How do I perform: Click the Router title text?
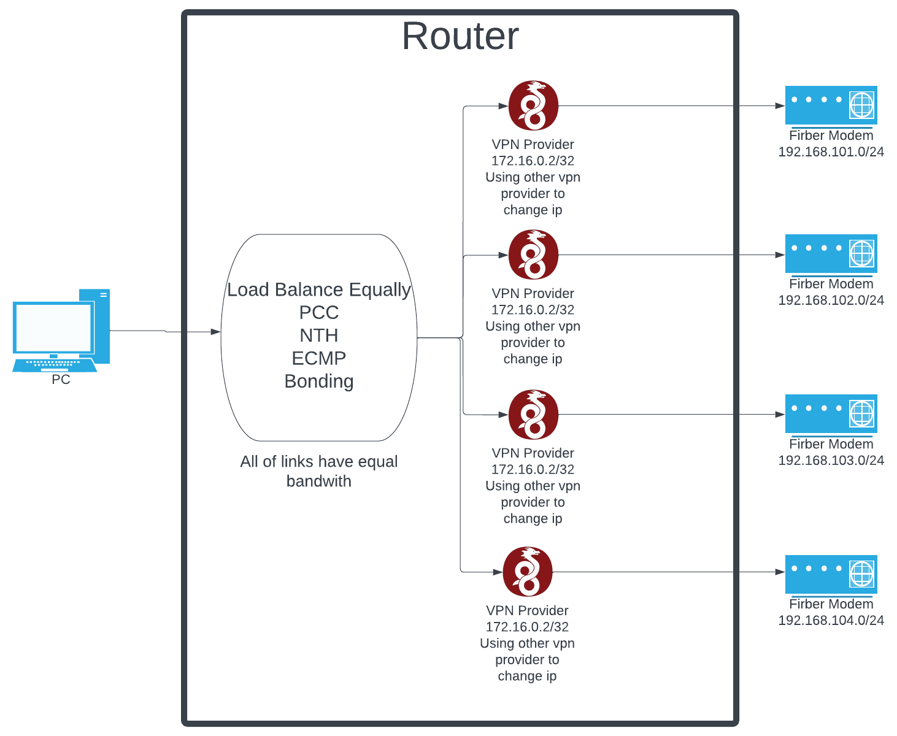point(460,36)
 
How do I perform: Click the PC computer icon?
point(61,331)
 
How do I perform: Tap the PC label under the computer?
point(61,380)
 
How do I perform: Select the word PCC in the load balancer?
point(319,313)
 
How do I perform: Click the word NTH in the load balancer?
point(319,335)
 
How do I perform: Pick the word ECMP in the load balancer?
point(319,358)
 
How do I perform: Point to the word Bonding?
point(319,381)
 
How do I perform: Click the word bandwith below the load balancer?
point(319,481)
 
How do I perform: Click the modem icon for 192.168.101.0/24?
point(831,105)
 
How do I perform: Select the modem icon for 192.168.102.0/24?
point(831,254)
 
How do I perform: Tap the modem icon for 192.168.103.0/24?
point(831,414)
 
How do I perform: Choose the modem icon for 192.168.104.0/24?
point(831,574)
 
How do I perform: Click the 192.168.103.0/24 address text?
point(831,461)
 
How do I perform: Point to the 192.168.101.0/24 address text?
point(831,152)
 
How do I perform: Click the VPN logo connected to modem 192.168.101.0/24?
point(533,105)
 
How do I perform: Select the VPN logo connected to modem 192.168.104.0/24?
point(527,572)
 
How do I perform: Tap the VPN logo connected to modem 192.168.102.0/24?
point(533,255)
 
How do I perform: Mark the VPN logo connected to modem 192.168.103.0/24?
point(533,415)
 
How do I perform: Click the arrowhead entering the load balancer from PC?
point(215,332)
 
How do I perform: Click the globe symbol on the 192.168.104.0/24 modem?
point(861,574)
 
